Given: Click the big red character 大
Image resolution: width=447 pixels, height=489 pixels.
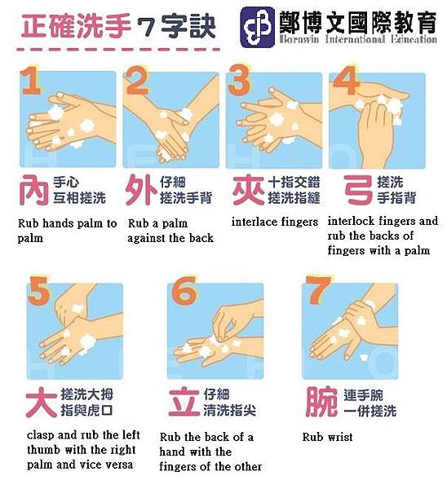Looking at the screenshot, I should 42,401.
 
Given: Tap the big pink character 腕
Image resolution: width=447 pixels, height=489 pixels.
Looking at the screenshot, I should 320,401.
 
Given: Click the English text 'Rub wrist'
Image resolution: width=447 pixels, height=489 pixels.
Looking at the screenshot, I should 327,438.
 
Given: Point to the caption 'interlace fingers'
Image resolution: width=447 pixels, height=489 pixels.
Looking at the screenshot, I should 274,222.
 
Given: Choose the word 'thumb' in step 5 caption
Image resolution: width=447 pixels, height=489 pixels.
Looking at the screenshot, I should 42,450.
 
